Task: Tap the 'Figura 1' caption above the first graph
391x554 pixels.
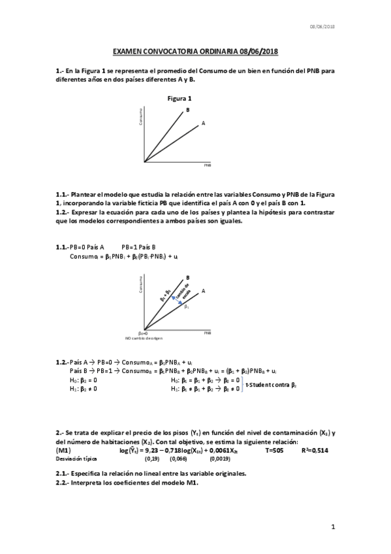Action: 180,98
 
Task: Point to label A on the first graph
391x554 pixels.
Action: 204,122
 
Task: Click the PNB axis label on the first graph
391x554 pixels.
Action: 207,166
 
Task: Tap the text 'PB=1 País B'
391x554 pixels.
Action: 138,246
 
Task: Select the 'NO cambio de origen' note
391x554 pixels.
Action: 144,338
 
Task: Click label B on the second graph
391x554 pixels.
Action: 188,277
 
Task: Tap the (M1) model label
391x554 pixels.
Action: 64,450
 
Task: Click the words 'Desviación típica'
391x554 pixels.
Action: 76,459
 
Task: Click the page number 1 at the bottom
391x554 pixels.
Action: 333,527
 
